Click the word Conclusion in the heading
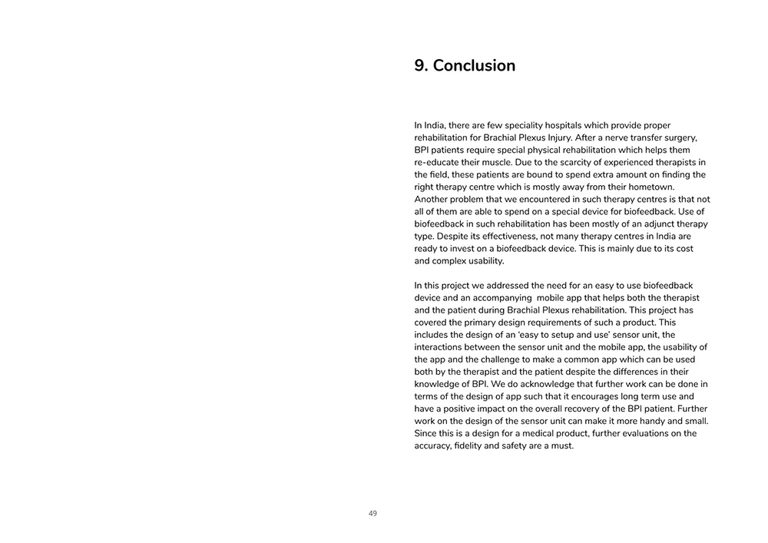tap(474, 66)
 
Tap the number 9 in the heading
tap(419, 66)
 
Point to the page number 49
tap(372, 514)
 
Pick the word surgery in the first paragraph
tap(680, 137)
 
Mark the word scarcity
tap(580, 162)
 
